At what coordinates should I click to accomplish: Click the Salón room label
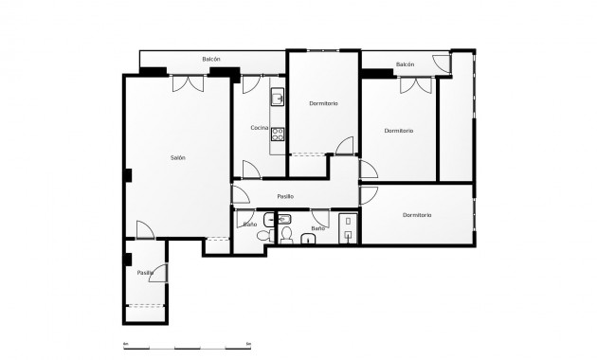(178, 157)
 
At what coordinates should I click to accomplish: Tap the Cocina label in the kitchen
(259, 128)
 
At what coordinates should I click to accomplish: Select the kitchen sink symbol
(278, 97)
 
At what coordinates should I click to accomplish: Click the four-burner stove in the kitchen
(278, 133)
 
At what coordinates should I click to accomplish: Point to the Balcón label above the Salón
(211, 60)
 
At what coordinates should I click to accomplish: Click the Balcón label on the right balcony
(406, 64)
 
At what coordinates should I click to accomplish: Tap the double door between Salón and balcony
(188, 83)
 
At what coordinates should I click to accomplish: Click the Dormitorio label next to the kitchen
(323, 102)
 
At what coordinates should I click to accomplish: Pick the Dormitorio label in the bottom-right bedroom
(417, 215)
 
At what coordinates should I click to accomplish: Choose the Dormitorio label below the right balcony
(399, 131)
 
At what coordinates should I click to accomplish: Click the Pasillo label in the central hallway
(285, 196)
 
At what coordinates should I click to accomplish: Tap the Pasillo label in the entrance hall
(145, 273)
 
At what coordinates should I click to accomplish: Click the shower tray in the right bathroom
(348, 228)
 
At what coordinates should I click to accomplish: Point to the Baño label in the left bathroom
(250, 225)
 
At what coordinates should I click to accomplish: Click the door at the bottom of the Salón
(144, 229)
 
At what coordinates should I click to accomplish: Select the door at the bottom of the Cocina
(252, 170)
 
